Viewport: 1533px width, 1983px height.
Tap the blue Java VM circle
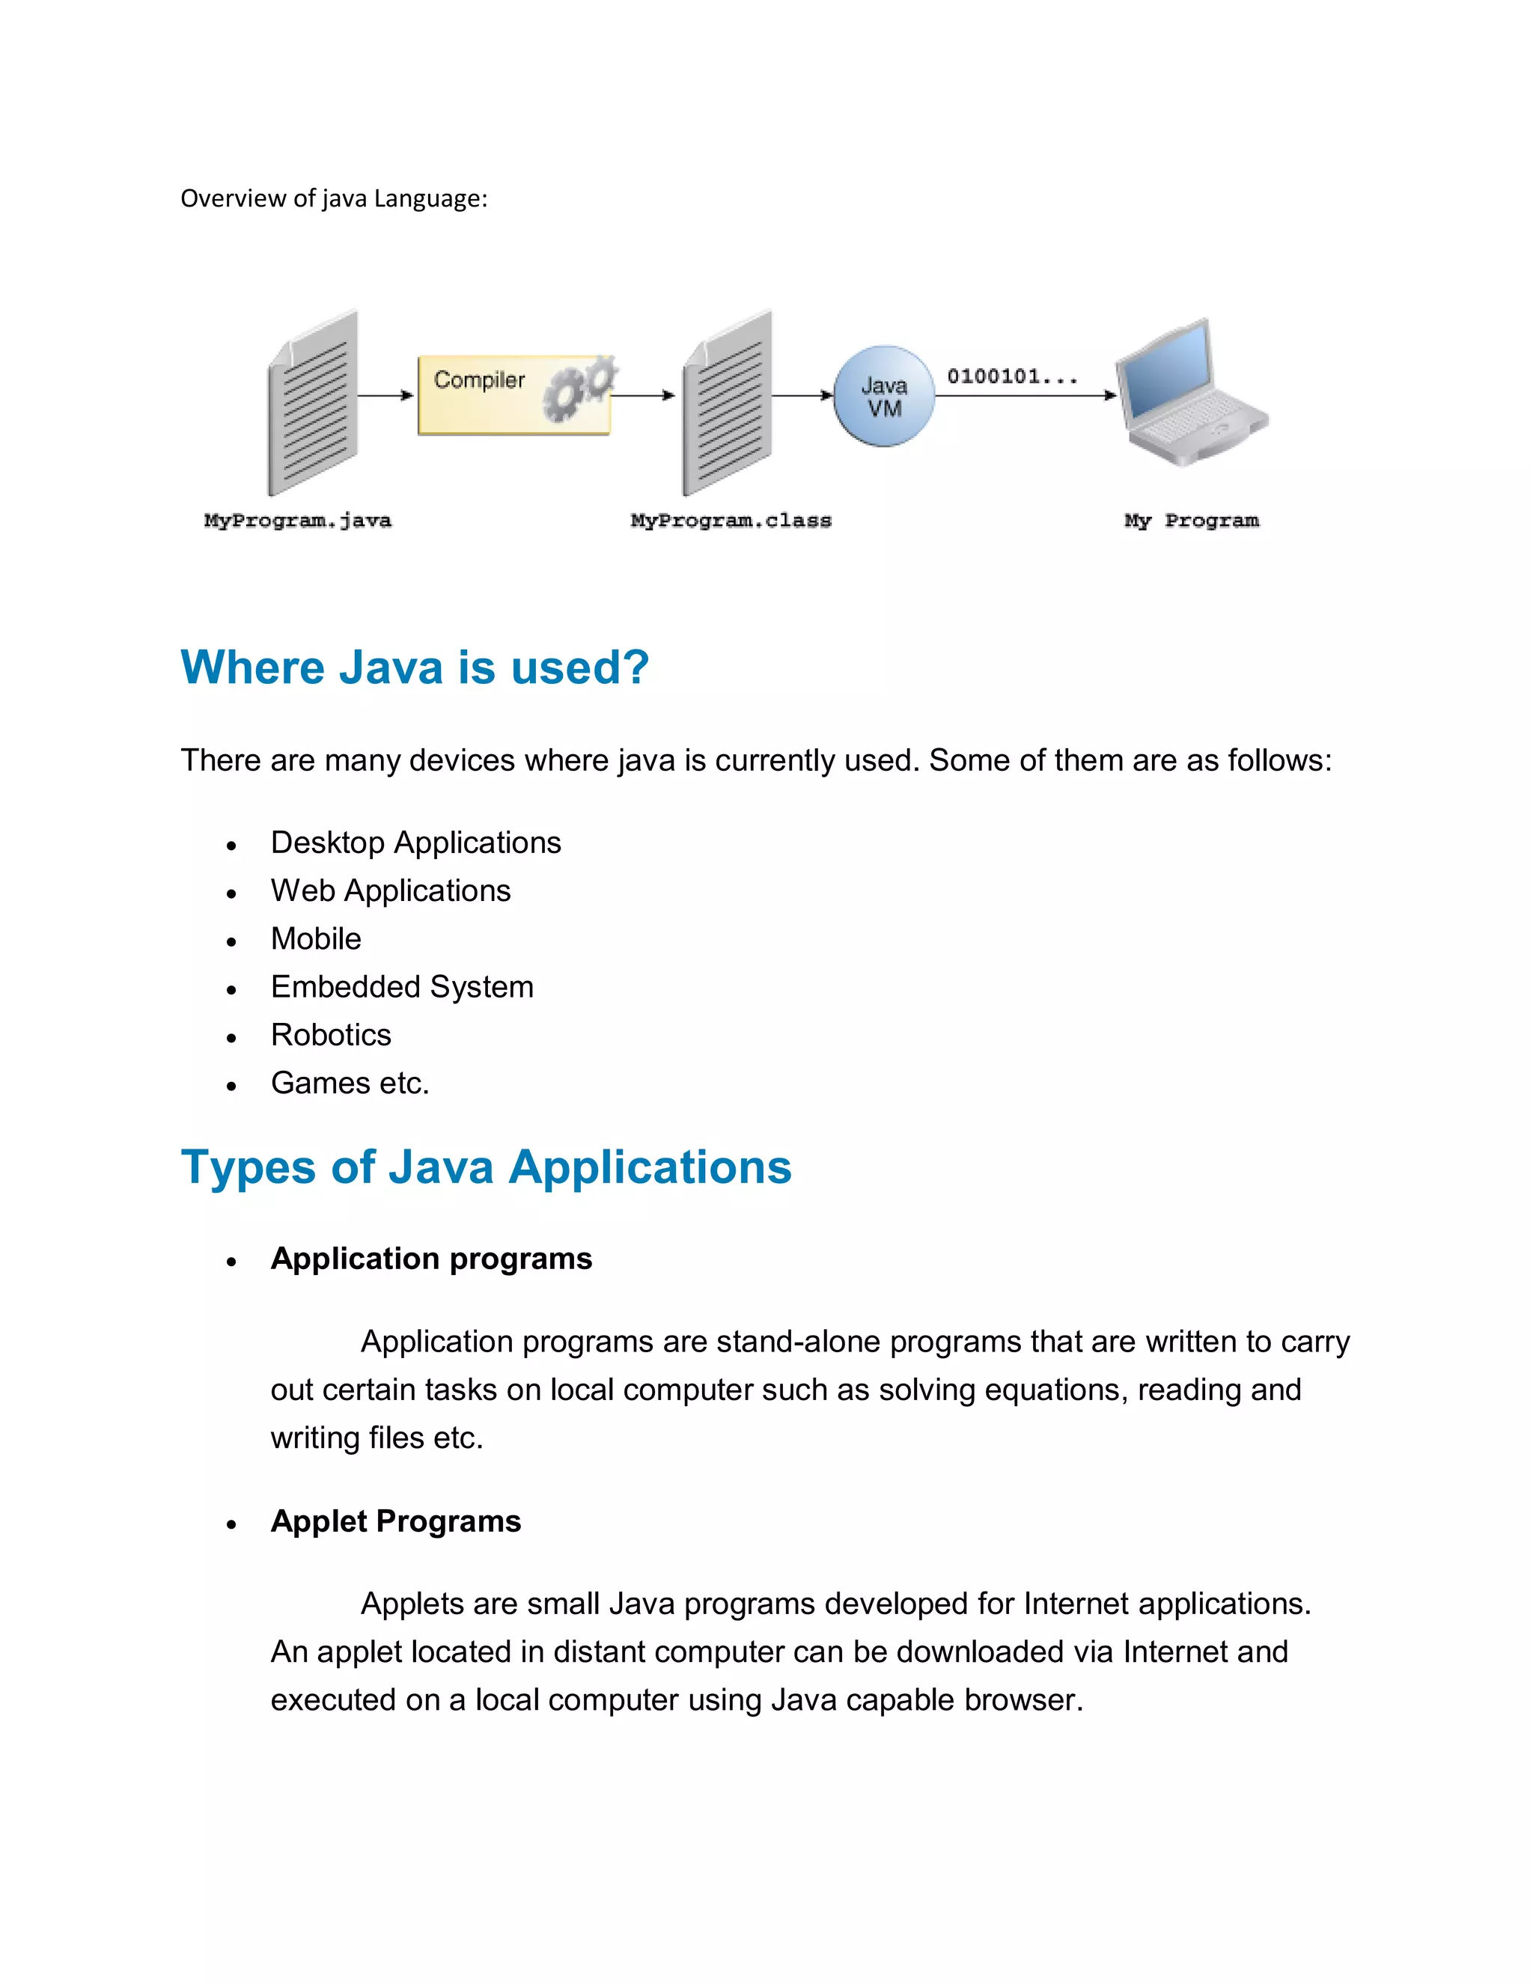coord(884,397)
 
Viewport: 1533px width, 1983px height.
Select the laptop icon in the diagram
coord(1191,393)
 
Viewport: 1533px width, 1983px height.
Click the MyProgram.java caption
coord(298,521)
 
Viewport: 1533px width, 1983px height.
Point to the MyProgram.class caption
coord(731,521)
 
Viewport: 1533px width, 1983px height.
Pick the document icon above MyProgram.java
coord(312,403)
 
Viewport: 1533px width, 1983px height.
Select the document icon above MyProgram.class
coord(728,403)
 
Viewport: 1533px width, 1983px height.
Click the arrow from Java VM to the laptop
coord(1025,396)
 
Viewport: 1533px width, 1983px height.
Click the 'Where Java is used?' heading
coord(415,667)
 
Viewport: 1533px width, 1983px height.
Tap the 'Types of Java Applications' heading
coord(486,1167)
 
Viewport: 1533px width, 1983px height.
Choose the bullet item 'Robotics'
coord(331,1035)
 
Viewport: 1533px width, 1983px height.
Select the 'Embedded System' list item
coord(401,987)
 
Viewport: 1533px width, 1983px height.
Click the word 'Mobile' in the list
coord(315,939)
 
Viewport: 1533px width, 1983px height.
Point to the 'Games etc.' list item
coord(350,1084)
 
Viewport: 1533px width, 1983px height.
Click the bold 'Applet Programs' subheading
coord(396,1521)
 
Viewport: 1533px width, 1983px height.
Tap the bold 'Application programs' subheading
coord(431,1259)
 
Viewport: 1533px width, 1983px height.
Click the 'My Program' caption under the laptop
coord(1192,521)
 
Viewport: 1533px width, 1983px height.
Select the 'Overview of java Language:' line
coord(334,198)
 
